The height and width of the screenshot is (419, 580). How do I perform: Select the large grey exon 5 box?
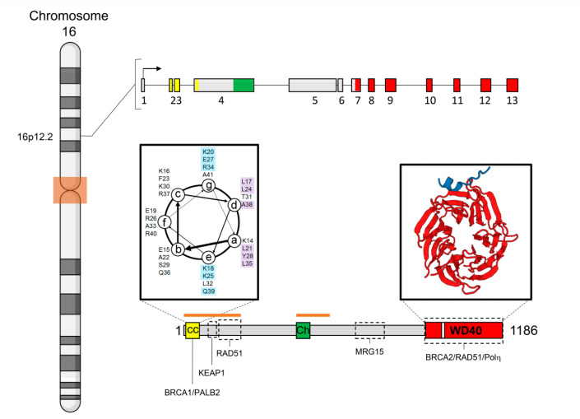(x=313, y=85)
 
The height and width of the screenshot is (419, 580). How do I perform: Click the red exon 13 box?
(x=512, y=85)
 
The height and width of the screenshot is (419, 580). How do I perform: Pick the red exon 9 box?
(x=391, y=85)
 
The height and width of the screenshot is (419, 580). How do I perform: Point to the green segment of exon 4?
(x=244, y=85)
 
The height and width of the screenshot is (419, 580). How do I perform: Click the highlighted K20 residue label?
(x=208, y=152)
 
